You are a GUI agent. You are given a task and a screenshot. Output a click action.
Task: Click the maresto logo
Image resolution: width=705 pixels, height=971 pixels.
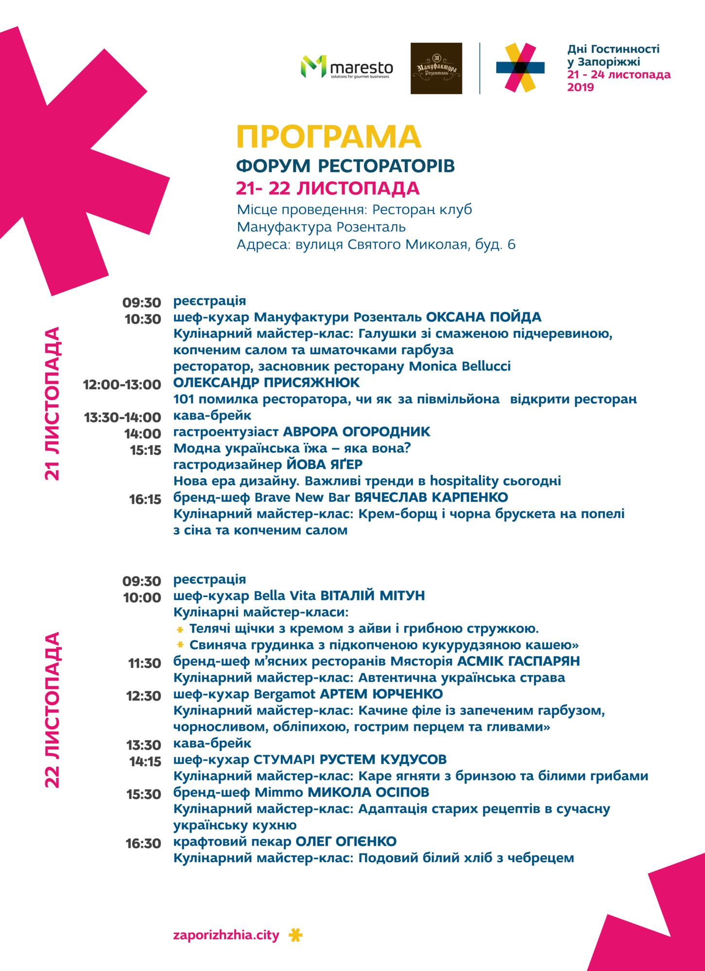click(x=347, y=67)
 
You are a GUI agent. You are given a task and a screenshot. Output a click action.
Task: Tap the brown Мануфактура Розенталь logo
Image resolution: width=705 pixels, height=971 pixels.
click(x=436, y=68)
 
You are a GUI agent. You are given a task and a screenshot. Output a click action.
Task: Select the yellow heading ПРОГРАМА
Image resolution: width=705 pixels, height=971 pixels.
click(x=328, y=137)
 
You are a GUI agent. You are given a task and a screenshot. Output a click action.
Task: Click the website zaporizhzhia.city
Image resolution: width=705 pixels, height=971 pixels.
click(x=226, y=935)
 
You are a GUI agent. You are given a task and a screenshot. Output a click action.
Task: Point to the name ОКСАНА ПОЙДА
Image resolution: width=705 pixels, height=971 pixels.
click(x=483, y=317)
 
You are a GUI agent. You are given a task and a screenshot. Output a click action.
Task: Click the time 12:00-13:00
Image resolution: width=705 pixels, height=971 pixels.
click(x=122, y=385)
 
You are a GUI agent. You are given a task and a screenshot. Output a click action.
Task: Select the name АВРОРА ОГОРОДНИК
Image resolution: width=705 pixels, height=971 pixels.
click(x=356, y=432)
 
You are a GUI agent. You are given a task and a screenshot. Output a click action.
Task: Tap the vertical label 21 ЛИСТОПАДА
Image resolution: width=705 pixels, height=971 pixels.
click(x=52, y=403)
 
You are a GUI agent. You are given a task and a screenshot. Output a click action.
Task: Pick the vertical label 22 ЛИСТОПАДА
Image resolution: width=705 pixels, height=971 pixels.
click(x=52, y=710)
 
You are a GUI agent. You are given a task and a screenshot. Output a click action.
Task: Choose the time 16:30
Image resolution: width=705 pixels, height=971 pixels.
click(x=143, y=843)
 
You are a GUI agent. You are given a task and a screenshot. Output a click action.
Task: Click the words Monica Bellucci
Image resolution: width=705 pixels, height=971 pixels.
click(x=460, y=366)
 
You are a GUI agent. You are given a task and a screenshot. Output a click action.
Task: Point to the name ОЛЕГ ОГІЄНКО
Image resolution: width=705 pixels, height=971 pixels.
click(x=346, y=841)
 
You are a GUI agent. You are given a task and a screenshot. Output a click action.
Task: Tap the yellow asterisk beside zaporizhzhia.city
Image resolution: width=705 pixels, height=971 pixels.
click(x=295, y=935)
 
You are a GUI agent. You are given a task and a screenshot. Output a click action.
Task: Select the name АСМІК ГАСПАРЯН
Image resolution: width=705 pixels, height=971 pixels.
click(x=518, y=661)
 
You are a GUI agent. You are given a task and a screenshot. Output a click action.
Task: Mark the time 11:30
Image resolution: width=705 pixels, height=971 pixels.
click(x=144, y=663)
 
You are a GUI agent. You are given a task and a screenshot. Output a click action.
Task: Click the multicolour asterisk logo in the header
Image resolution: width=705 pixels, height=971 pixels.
click(x=520, y=67)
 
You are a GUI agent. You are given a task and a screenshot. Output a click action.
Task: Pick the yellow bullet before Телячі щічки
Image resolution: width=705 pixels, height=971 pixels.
click(x=180, y=630)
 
